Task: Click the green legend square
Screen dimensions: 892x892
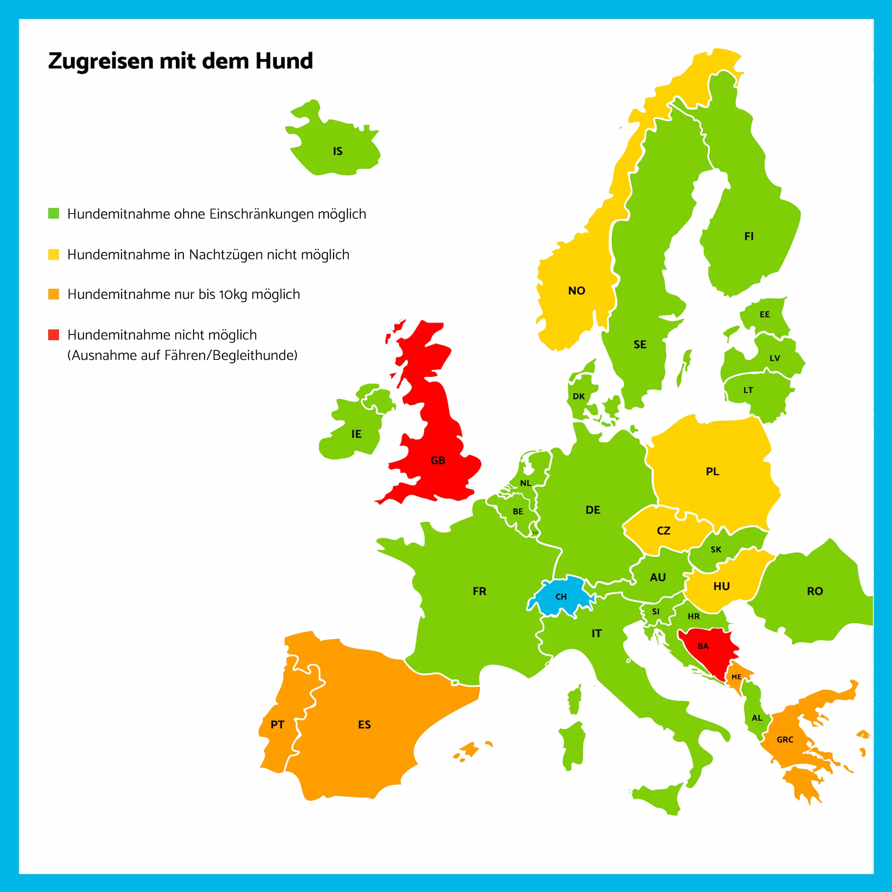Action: pyautogui.click(x=54, y=213)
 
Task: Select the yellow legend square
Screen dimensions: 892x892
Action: pyautogui.click(x=54, y=254)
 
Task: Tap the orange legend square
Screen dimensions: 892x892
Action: pyautogui.click(x=54, y=294)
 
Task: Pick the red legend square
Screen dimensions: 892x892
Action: pyautogui.click(x=54, y=335)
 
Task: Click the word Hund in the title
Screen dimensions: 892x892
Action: pyautogui.click(x=284, y=61)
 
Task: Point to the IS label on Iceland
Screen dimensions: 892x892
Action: pyautogui.click(x=337, y=151)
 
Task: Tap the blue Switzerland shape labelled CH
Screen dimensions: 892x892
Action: pyautogui.click(x=560, y=597)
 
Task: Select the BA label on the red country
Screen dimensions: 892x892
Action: pyautogui.click(x=703, y=646)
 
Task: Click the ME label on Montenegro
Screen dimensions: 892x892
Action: pyautogui.click(x=736, y=677)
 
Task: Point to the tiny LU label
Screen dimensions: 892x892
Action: pyautogui.click(x=535, y=532)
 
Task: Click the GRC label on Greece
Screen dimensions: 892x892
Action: pyautogui.click(x=785, y=740)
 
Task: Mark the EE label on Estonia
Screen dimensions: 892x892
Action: pyautogui.click(x=765, y=314)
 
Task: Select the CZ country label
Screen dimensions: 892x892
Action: pyautogui.click(x=663, y=530)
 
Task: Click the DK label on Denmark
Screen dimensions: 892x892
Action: pyautogui.click(x=579, y=396)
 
